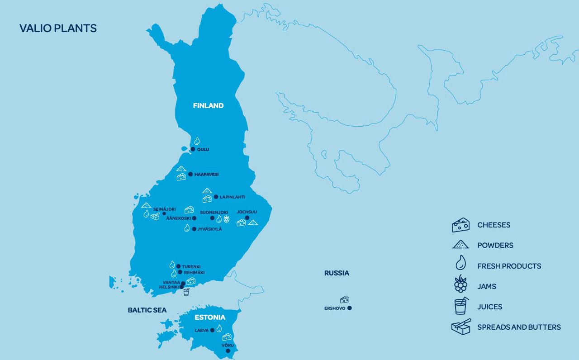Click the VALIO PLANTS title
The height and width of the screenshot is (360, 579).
pos(58,28)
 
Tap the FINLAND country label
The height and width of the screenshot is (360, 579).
pos(208,106)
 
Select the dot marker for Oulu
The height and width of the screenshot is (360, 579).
pos(193,149)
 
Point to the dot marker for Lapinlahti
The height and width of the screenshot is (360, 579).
pos(216,197)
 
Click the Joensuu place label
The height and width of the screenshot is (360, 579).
pos(247,212)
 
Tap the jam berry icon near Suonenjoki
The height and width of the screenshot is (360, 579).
pos(227,220)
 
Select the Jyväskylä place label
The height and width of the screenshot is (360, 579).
pos(210,229)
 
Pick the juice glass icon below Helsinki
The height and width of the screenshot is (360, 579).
pos(186,292)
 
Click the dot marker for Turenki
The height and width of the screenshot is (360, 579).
pos(178,266)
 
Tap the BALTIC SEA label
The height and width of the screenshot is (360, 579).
pos(147,310)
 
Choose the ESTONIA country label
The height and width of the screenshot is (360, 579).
pos(210,317)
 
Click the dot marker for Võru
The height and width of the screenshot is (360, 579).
pos(228,351)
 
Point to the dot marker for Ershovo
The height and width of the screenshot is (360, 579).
pos(350,308)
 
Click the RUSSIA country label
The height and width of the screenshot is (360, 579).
pos(337,273)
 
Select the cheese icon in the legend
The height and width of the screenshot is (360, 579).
pos(460,225)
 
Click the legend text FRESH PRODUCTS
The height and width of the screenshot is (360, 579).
pos(509,266)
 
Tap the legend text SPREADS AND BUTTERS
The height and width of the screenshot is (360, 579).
pos(519,327)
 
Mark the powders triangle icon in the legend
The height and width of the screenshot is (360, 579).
pos(460,245)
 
